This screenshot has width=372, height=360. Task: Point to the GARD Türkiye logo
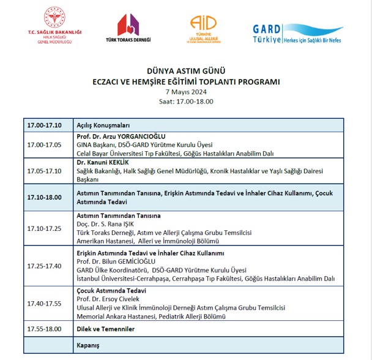[297, 33]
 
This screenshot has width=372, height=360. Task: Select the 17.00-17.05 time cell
[45, 144]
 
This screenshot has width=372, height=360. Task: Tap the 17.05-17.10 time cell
[45, 171]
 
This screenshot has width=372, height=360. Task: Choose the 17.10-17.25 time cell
[45, 228]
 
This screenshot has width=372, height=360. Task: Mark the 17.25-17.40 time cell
[45, 266]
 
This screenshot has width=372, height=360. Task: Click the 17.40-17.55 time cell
[45, 303]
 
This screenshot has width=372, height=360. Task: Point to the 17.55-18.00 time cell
[45, 329]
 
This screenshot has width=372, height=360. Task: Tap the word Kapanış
[87, 345]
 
